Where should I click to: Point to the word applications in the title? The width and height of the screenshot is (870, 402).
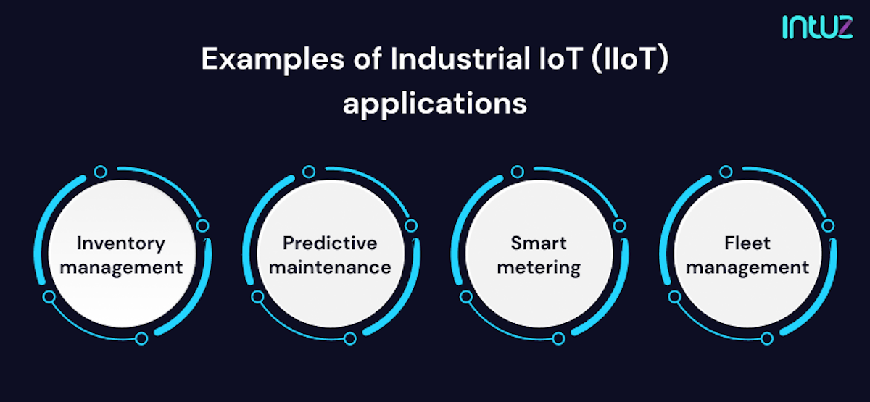point(434,104)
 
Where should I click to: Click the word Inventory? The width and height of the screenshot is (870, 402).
point(121,243)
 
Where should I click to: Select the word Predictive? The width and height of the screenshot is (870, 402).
point(330,243)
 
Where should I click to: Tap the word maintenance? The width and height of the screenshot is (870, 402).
point(330,267)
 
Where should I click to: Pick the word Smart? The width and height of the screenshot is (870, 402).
point(539,243)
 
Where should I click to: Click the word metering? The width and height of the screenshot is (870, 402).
point(539,267)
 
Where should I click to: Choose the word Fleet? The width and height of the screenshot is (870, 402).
point(747,243)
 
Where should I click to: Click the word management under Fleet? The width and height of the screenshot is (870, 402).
point(747,267)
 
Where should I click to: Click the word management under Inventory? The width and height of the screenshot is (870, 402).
point(121,267)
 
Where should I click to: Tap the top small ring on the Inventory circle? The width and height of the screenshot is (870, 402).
point(101,172)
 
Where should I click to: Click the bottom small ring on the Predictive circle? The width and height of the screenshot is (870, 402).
point(350,338)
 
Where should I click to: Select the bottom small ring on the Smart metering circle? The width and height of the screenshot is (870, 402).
point(558,338)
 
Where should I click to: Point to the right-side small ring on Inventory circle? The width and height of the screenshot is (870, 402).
point(202,225)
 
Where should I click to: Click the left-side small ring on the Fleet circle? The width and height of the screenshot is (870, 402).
point(675,296)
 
